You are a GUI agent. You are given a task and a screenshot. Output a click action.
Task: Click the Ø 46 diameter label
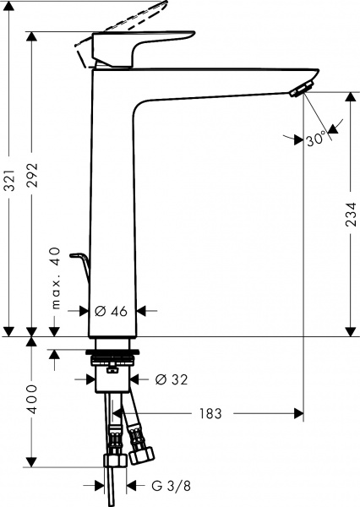[111, 311]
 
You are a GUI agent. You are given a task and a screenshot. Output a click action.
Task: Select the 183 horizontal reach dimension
[210, 414]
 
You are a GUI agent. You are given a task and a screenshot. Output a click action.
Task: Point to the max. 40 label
[56, 279]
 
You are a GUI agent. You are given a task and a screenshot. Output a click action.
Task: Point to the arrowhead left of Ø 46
[84, 311]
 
